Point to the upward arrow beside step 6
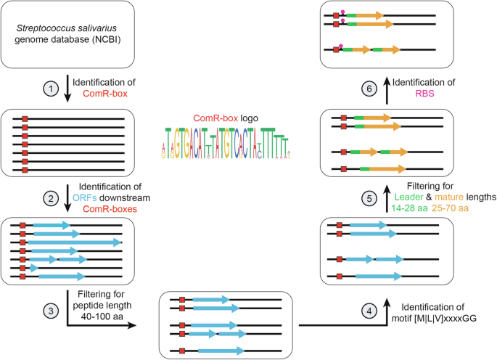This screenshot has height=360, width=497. tap(387, 89)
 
